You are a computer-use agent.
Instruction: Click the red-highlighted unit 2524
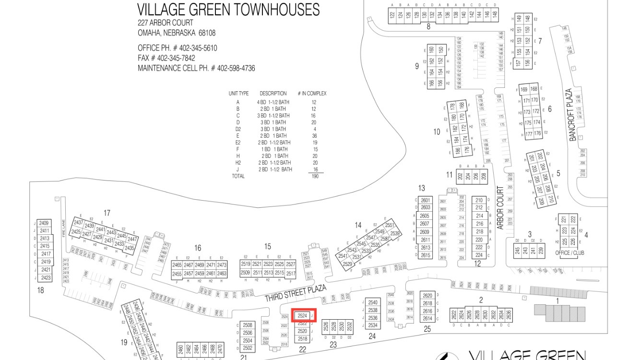[302, 315]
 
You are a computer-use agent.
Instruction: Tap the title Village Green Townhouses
[228, 10]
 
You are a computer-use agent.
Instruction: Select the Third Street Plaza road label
[296, 293]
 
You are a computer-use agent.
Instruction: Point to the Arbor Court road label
[500, 207]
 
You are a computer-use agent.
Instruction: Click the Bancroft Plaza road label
[571, 115]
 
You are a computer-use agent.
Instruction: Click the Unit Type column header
[238, 94]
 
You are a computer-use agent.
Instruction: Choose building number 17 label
[107, 213]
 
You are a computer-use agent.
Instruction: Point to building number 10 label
[437, 132]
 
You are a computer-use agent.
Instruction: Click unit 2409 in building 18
[44, 223]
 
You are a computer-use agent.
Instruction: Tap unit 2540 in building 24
[373, 302]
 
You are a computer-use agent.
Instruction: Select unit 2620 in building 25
[427, 296]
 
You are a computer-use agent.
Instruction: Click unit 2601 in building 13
[426, 200]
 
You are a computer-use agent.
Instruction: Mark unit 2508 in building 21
[248, 325]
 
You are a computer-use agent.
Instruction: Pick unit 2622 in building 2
[454, 314]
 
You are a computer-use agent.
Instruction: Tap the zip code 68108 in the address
[207, 33]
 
